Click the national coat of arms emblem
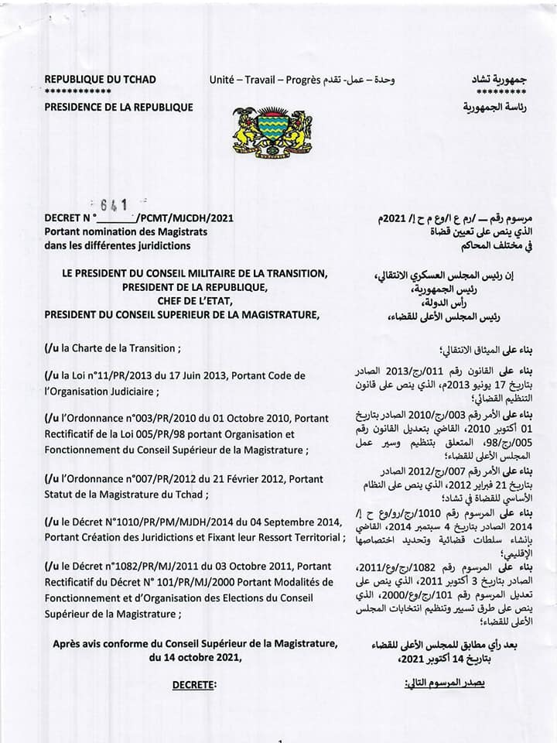point(272,132)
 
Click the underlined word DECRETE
point(194,684)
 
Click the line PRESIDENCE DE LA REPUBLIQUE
point(118,107)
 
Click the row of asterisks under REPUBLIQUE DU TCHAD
point(77,92)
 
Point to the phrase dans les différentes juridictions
point(117,245)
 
